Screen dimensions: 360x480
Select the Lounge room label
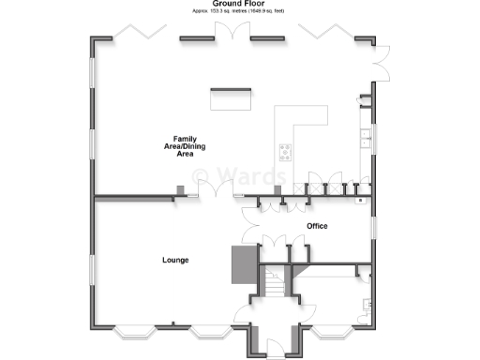point(176,259)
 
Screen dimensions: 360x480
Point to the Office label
point(317,226)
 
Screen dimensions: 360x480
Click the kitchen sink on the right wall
point(365,141)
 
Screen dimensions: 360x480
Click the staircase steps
point(273,280)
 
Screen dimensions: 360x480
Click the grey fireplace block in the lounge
point(242,264)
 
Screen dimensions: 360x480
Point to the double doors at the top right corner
point(379,64)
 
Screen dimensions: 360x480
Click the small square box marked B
point(359,200)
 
